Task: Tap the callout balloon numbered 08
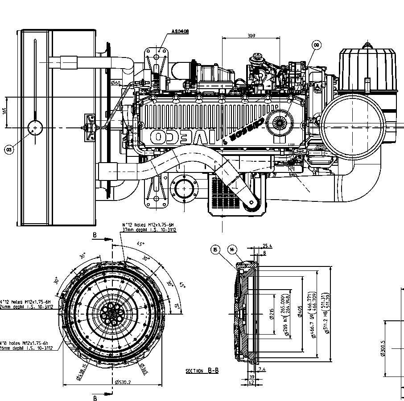(316, 45)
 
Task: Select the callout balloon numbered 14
(232, 250)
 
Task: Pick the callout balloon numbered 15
(216, 250)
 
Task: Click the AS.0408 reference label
(180, 32)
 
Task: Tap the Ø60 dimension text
(115, 83)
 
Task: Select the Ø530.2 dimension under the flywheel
(122, 382)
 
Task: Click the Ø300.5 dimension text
(383, 348)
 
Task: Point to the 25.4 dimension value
(267, 246)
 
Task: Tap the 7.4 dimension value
(262, 369)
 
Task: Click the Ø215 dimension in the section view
(272, 314)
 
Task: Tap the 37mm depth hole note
(149, 230)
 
